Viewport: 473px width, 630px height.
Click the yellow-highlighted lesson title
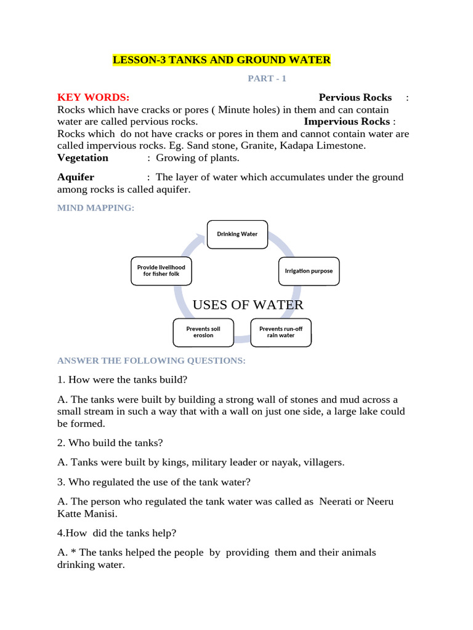point(222,60)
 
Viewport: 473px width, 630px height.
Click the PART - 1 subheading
point(267,79)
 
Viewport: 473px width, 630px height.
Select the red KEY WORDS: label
point(93,97)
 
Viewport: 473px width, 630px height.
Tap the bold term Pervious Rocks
point(355,97)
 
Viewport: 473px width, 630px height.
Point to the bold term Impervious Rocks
point(347,121)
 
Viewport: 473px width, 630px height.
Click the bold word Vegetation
point(83,157)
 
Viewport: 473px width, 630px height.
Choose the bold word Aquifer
point(76,177)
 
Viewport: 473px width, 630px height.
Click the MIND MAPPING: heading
point(95,208)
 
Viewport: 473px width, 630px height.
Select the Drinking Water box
point(237,234)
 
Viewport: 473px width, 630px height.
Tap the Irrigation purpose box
point(309,271)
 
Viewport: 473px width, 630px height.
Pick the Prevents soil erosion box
point(203,332)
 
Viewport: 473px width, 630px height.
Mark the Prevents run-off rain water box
point(281,332)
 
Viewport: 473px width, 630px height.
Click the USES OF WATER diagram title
point(248,305)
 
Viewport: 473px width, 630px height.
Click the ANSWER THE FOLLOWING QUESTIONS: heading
point(151,361)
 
